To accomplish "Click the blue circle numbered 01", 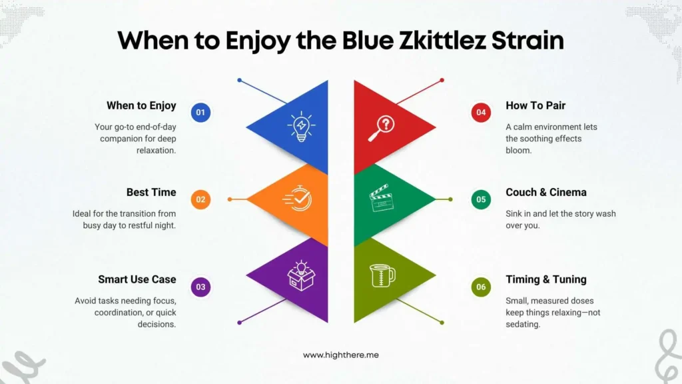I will pyautogui.click(x=200, y=112).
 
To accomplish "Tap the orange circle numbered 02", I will pyautogui.click(x=200, y=199).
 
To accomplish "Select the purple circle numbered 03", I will pyautogui.click(x=200, y=287).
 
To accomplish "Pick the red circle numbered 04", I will pyautogui.click(x=481, y=112).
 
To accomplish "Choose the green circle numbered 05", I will pyautogui.click(x=481, y=199).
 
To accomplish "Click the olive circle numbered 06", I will pyautogui.click(x=481, y=287).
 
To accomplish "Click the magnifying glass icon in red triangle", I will pyautogui.click(x=382, y=127).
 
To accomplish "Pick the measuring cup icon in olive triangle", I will pyautogui.click(x=382, y=275).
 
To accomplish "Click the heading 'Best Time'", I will pyautogui.click(x=151, y=193).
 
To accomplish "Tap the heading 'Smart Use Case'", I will pyautogui.click(x=137, y=280).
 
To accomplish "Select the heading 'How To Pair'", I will pyautogui.click(x=535, y=105).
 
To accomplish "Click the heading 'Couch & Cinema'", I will pyautogui.click(x=546, y=193).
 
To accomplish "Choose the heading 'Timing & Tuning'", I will pyautogui.click(x=546, y=280).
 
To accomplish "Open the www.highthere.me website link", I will pyautogui.click(x=341, y=355).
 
